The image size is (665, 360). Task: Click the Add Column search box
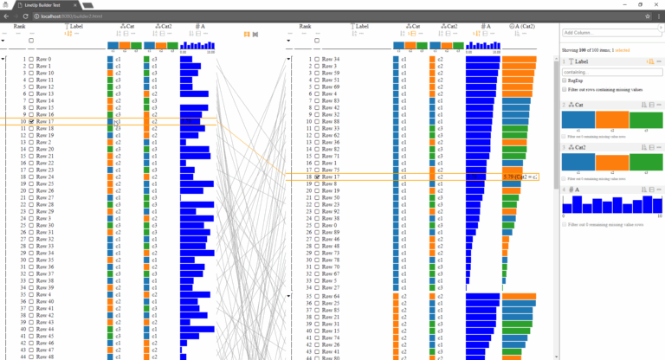[x=606, y=33]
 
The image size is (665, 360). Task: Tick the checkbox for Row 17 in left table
[x=31, y=122]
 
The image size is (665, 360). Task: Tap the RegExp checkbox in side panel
[x=565, y=80]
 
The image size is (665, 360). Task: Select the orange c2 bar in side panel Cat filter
[x=612, y=121]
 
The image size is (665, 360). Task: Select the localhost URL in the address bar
[x=78, y=16]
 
